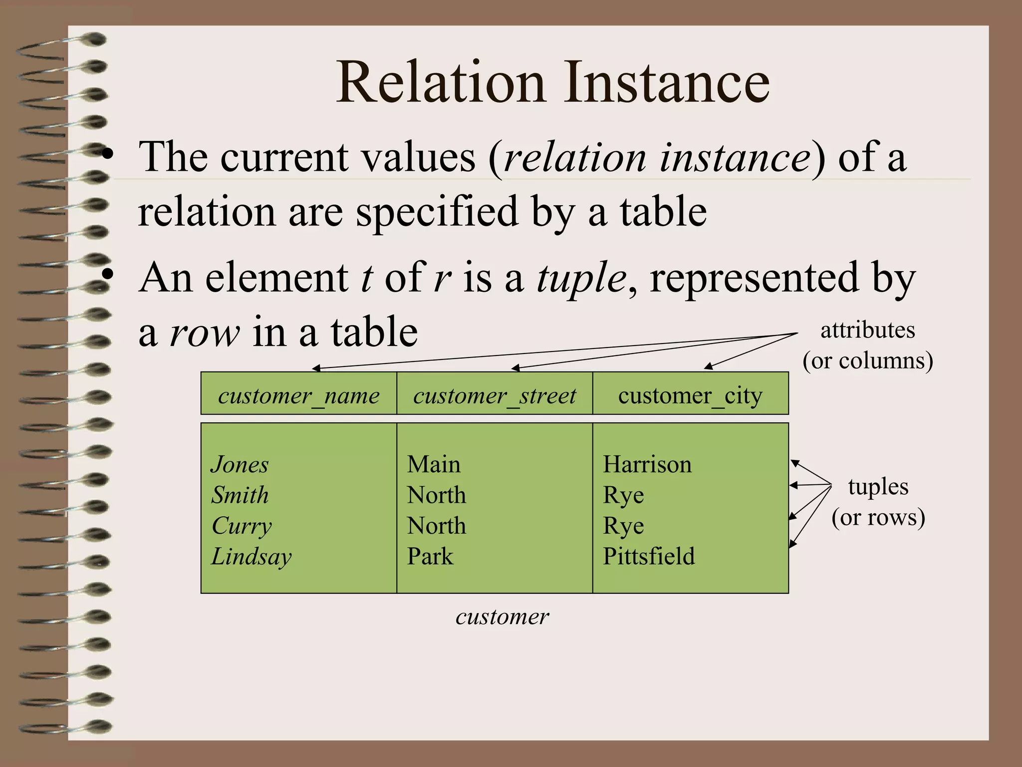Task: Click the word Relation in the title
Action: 441,82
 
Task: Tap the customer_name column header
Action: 298,395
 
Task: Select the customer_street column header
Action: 494,395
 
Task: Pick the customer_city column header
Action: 690,395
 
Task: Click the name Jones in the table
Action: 240,464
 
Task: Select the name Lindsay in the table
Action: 251,556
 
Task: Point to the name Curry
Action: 242,526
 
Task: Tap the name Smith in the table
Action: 240,495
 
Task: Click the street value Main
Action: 433,464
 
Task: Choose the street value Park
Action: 430,556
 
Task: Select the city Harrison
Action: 647,464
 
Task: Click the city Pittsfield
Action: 648,556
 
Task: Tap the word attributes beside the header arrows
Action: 867,330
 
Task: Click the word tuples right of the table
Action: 878,486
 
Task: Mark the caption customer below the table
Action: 502,617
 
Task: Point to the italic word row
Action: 205,333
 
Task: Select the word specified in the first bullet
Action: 437,212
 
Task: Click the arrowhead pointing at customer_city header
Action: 708,367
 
